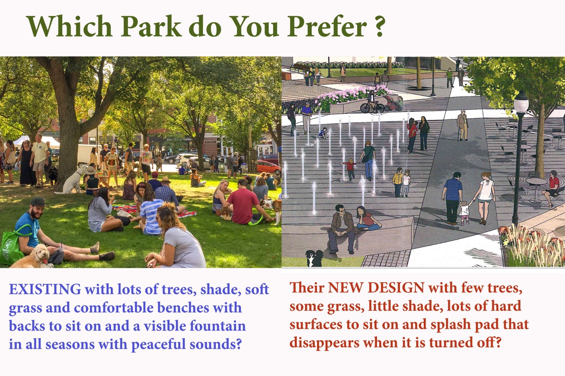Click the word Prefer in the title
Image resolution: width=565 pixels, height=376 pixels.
(327, 26)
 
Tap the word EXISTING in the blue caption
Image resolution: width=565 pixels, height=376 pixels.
(45, 289)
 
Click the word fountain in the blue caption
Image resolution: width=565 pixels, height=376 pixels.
(218, 326)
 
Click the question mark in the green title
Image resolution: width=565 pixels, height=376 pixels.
(379, 25)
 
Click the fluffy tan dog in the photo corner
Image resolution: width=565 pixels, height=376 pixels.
(33, 257)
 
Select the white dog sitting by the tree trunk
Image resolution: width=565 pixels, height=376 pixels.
(71, 180)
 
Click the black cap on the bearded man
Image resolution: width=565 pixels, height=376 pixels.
(38, 202)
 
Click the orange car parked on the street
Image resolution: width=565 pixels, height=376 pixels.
(268, 166)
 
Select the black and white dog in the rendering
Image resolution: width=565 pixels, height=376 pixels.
(314, 258)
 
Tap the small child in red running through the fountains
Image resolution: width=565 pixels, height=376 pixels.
(350, 169)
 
